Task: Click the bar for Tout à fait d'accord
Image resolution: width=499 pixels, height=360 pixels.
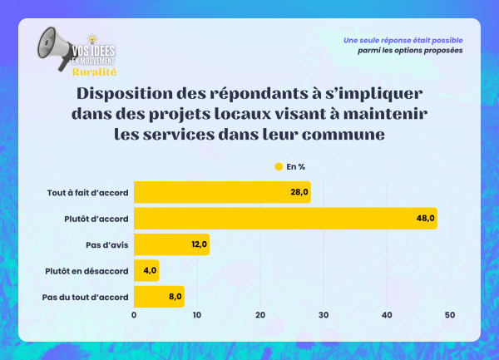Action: click(x=222, y=193)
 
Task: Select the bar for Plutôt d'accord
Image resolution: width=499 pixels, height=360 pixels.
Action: click(x=285, y=219)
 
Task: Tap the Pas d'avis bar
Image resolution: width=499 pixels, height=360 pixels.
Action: click(x=171, y=244)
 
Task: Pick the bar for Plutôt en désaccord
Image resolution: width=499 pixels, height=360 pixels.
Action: click(x=146, y=270)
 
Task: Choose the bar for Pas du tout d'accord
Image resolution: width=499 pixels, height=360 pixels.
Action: click(x=159, y=296)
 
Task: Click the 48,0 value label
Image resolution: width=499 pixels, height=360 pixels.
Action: click(x=426, y=219)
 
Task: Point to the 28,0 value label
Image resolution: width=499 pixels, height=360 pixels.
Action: click(x=299, y=193)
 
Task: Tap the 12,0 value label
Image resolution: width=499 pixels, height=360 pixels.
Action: click(x=198, y=244)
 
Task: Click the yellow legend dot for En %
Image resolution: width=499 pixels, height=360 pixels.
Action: click(x=279, y=166)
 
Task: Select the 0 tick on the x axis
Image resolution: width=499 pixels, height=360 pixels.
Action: click(x=134, y=315)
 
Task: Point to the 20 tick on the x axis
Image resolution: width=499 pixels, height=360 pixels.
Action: click(x=260, y=315)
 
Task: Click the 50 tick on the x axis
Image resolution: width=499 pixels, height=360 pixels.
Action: click(x=450, y=315)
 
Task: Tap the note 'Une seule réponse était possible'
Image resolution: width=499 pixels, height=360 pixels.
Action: click(x=403, y=41)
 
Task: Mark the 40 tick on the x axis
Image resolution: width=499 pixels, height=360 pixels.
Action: click(x=387, y=315)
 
